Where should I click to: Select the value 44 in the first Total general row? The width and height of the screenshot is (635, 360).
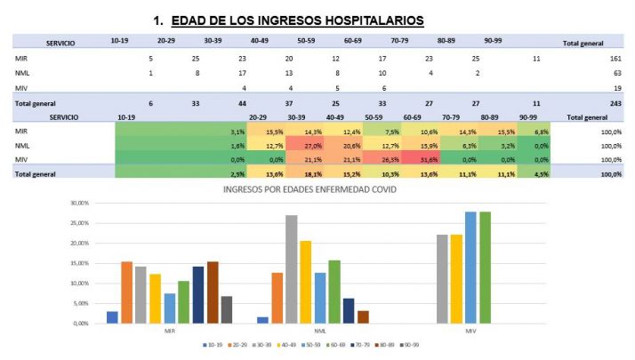(x=243, y=103)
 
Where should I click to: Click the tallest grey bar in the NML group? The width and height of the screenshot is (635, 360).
(x=290, y=268)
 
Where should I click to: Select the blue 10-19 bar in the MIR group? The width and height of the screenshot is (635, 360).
(x=112, y=317)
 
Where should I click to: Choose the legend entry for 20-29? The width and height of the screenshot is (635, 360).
(x=237, y=345)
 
